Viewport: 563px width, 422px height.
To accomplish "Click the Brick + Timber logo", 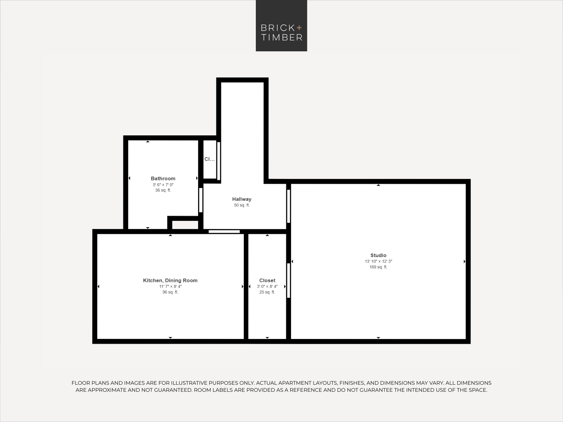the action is point(281,26).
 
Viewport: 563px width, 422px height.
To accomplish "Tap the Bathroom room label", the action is point(163,179).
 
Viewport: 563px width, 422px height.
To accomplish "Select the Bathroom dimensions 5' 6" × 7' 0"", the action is point(163,185).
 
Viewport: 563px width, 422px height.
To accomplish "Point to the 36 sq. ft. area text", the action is point(163,190).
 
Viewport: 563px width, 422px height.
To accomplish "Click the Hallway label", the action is point(242,199).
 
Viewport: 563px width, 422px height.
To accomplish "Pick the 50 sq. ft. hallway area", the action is point(242,205).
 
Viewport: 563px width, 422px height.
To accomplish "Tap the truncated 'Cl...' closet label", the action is point(209,159).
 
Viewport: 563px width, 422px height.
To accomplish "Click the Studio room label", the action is point(378,255).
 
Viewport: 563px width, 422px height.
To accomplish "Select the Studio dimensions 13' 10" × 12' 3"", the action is point(378,261).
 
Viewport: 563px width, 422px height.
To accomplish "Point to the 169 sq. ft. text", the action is point(378,267).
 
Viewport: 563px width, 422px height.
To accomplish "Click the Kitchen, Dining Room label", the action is point(170,281).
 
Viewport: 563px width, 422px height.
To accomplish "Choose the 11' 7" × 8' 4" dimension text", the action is point(170,287).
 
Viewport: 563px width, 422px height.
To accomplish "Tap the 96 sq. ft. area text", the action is point(170,292).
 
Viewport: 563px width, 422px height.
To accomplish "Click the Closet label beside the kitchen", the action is point(267,281).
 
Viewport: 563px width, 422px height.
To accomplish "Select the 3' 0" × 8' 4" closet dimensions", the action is point(267,287).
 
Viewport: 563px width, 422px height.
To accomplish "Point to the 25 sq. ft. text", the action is point(267,292).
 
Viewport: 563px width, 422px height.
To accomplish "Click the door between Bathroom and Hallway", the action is point(201,200).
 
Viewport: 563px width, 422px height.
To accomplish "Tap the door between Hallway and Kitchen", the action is point(224,232).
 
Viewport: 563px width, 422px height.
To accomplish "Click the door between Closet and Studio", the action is point(289,281).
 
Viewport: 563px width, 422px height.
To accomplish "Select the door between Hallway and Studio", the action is point(289,206).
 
